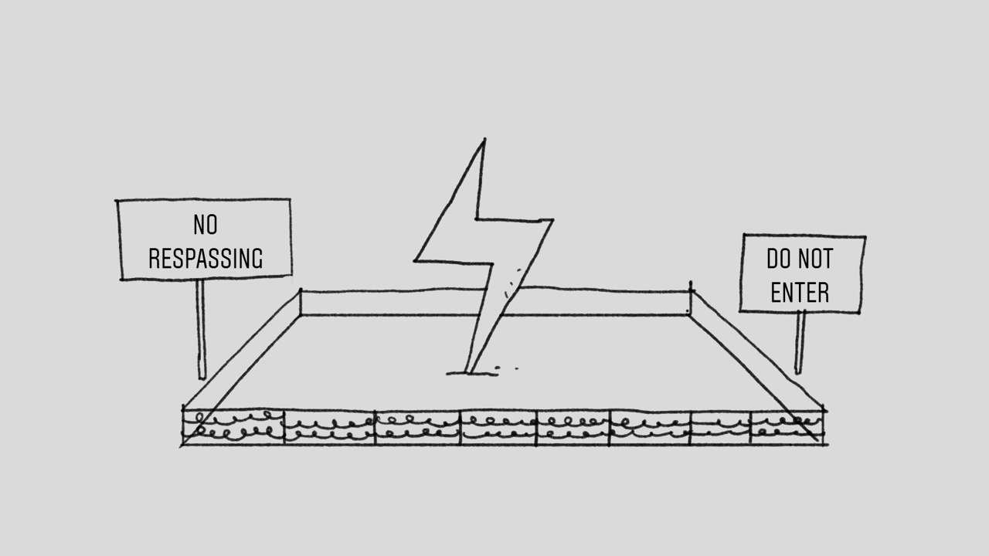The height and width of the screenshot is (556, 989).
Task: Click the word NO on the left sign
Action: tap(206, 225)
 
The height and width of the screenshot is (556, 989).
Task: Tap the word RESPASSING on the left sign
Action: tap(206, 259)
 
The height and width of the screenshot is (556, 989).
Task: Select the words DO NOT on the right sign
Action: tap(800, 259)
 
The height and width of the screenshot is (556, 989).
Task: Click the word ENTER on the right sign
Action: tap(800, 293)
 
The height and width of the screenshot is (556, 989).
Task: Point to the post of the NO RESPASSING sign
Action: tap(202, 329)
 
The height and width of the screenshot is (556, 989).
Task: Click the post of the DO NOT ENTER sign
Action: tap(800, 342)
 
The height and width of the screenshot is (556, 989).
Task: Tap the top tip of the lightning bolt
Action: tap(484, 139)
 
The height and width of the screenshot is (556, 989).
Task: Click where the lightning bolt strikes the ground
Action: tap(470, 373)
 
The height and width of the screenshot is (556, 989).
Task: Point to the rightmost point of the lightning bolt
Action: tap(553, 219)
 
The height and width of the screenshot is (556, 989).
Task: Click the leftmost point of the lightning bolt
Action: tap(414, 261)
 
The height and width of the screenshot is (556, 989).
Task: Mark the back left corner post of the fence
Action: tap(301, 302)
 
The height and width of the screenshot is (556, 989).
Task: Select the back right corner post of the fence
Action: tap(691, 298)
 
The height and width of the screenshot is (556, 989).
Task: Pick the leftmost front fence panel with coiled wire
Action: tap(233, 427)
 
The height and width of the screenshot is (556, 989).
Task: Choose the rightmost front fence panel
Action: tap(787, 427)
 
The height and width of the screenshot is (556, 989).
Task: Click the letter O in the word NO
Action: tap(212, 225)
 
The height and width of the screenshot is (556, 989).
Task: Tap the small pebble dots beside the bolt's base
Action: tap(506, 368)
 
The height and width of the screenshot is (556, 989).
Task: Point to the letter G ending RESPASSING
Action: tap(257, 259)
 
